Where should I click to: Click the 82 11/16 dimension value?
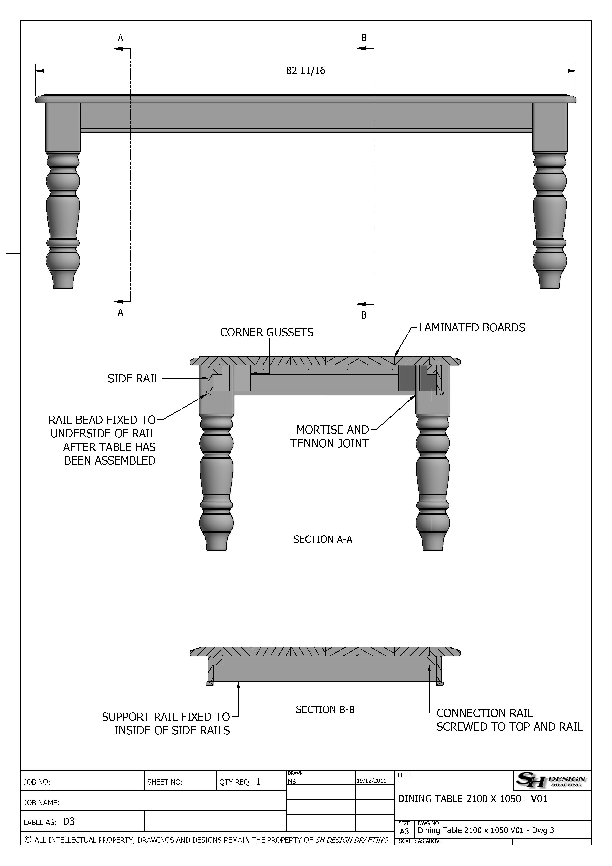(305, 71)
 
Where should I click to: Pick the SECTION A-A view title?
(323, 539)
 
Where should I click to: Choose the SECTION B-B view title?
(325, 710)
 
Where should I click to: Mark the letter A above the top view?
(120, 38)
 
